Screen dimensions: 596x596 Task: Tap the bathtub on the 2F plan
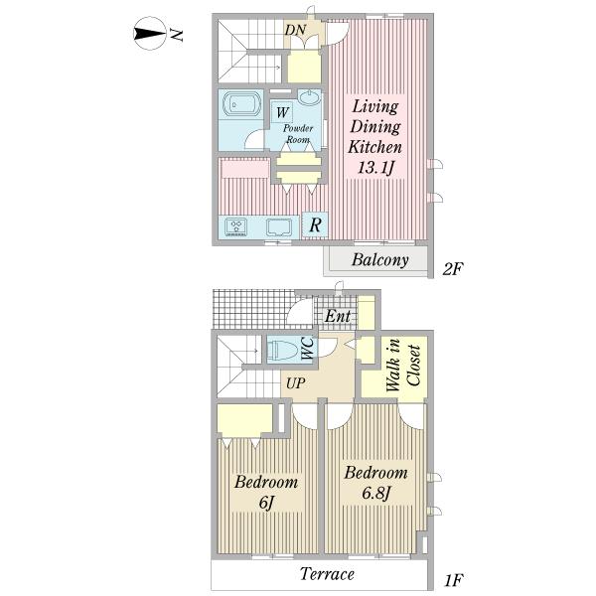coord(243,103)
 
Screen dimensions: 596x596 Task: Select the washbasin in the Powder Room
coord(309,97)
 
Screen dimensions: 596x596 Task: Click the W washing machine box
coord(282,111)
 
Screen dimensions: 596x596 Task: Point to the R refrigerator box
coord(315,225)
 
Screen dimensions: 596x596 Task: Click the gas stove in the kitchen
coord(235,226)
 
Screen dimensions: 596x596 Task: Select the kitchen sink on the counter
coord(278,227)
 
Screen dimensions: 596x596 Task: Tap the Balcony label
coord(380,260)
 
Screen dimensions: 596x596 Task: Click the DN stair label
coord(295,30)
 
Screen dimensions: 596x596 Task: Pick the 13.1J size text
coord(375,167)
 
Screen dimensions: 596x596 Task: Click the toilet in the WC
coord(282,350)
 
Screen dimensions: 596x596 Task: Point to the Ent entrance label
coord(337,316)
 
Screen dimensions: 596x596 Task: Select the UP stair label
coord(295,383)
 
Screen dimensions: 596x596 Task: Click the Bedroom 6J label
coord(266,491)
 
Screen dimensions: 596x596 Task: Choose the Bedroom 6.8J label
coord(375,482)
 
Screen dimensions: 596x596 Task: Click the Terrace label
coord(327,573)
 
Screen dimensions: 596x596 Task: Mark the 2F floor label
coord(452,269)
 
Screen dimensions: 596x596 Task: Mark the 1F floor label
coord(454,580)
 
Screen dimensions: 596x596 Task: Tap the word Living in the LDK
coord(375,107)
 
